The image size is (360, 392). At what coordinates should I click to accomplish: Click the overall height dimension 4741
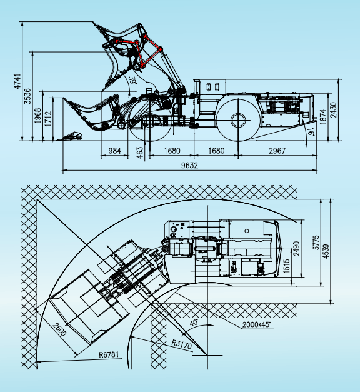pyautogui.click(x=17, y=81)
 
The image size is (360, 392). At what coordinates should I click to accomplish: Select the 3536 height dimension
pyautogui.click(x=27, y=96)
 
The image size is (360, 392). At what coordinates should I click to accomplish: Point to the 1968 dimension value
pyautogui.click(x=37, y=116)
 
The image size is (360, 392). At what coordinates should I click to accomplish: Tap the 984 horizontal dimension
pyautogui.click(x=115, y=151)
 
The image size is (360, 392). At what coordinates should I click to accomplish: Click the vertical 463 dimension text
pyautogui.click(x=140, y=153)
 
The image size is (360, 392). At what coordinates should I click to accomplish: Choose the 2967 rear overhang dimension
pyautogui.click(x=277, y=151)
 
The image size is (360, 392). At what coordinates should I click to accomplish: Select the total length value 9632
pyautogui.click(x=189, y=165)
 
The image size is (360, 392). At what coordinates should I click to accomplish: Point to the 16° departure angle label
pyautogui.click(x=311, y=131)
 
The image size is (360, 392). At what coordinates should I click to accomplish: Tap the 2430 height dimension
pyautogui.click(x=334, y=110)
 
